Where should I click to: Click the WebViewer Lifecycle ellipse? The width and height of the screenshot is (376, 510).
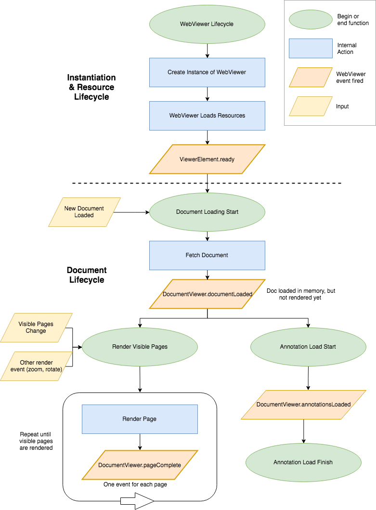pyautogui.click(x=207, y=24)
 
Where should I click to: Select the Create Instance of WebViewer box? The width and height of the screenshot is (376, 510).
pyautogui.click(x=207, y=73)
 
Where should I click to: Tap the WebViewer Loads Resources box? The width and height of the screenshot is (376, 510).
pyautogui.click(x=207, y=116)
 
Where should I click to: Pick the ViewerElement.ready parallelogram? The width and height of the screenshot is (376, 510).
pyautogui.click(x=207, y=159)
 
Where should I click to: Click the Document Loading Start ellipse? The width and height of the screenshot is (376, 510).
pyautogui.click(x=207, y=212)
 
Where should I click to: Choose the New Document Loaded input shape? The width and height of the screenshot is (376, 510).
pyautogui.click(x=84, y=212)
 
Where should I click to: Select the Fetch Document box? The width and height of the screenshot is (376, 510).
pyautogui.click(x=207, y=255)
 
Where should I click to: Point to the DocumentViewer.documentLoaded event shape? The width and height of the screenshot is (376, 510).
pyautogui.click(x=207, y=294)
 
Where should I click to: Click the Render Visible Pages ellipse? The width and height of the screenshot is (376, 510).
pyautogui.click(x=140, y=347)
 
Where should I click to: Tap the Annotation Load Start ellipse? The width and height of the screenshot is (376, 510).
pyautogui.click(x=308, y=347)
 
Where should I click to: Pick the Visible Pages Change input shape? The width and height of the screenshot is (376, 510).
pyautogui.click(x=36, y=327)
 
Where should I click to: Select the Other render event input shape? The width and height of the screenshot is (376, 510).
pyautogui.click(x=36, y=366)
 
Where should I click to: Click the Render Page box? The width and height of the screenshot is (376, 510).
pyautogui.click(x=140, y=419)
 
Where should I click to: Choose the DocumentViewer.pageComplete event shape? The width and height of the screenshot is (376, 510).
pyautogui.click(x=140, y=465)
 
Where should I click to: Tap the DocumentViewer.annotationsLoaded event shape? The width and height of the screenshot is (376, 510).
pyautogui.click(x=303, y=405)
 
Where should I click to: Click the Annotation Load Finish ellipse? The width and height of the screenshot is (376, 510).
pyautogui.click(x=303, y=462)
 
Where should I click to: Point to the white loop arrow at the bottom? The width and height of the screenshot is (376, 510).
pyautogui.click(x=137, y=501)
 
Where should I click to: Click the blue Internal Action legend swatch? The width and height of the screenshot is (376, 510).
pyautogui.click(x=311, y=49)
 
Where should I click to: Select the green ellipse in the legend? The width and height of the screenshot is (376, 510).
pyautogui.click(x=311, y=20)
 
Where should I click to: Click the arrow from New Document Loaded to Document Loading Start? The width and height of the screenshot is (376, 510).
pyautogui.click(x=131, y=212)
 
